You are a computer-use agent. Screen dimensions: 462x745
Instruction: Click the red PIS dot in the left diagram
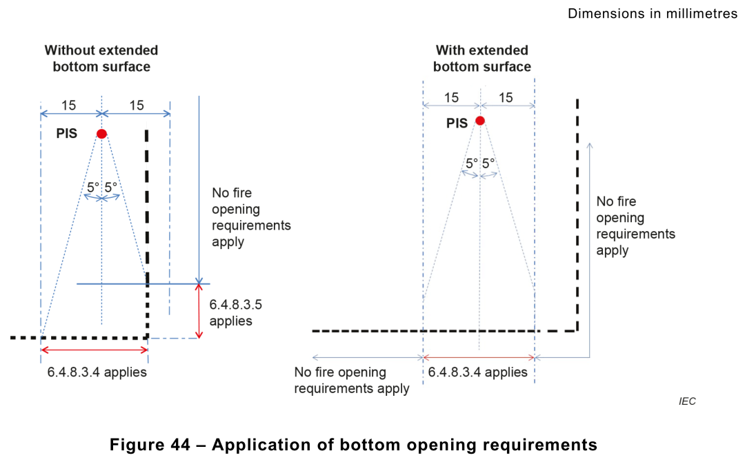pyautogui.click(x=101, y=133)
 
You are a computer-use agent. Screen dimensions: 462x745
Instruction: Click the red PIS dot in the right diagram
pyautogui.click(x=480, y=121)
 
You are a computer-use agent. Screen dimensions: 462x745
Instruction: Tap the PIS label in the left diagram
pyautogui.click(x=67, y=134)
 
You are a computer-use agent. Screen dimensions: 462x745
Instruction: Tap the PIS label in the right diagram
pyautogui.click(x=457, y=124)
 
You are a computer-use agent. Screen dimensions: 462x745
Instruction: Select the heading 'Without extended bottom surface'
pyautogui.click(x=101, y=59)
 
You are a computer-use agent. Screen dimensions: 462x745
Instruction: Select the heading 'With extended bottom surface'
pyautogui.click(x=482, y=59)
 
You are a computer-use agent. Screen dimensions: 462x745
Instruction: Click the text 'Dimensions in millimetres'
pyautogui.click(x=653, y=14)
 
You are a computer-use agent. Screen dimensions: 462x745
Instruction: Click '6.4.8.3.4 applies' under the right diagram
pyautogui.click(x=478, y=372)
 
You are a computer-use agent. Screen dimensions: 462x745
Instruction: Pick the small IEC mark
pyautogui.click(x=687, y=401)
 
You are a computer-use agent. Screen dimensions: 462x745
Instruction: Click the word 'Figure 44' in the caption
pyautogui.click(x=150, y=445)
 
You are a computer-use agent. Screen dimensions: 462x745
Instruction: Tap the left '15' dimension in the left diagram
pyautogui.click(x=69, y=105)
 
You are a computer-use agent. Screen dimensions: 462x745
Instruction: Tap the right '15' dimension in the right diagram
pyautogui.click(x=506, y=98)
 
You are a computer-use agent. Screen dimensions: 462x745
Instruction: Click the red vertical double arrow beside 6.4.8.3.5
pyautogui.click(x=199, y=311)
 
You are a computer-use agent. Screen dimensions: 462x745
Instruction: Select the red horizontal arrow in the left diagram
pyautogui.click(x=95, y=350)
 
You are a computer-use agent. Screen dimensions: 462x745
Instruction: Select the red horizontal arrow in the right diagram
pyautogui.click(x=479, y=357)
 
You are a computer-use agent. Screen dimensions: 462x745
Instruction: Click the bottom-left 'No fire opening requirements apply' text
pyautogui.click(x=352, y=380)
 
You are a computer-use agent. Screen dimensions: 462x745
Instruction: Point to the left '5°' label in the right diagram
pyautogui.click(x=471, y=164)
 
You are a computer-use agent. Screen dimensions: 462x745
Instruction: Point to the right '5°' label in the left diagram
pyautogui.click(x=111, y=187)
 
